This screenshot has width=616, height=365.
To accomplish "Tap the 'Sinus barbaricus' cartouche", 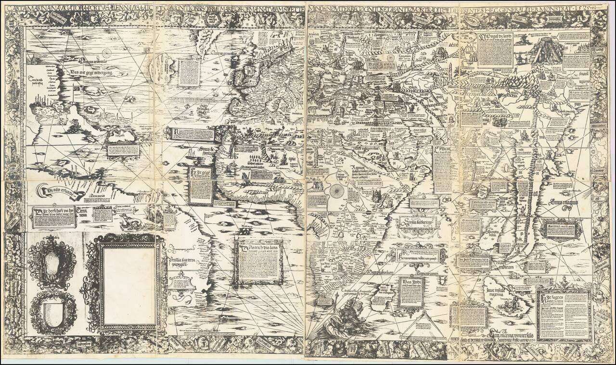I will (417, 222).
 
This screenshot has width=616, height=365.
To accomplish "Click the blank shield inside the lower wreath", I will (52, 313).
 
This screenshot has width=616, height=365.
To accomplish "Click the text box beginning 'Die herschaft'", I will (54, 218).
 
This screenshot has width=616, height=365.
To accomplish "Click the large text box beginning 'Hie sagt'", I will (564, 315).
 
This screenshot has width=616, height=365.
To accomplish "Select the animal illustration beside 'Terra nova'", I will (130, 222).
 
